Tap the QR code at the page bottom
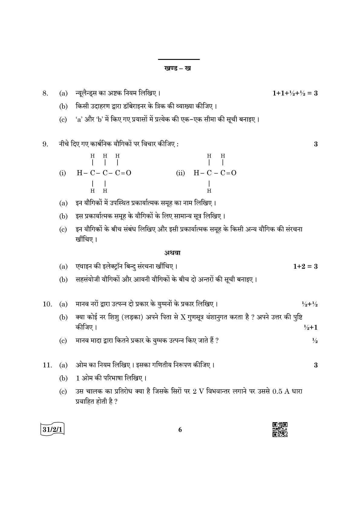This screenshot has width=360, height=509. click(x=280, y=429)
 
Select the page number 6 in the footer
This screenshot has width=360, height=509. click(x=180, y=430)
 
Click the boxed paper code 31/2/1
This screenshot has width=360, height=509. click(x=53, y=429)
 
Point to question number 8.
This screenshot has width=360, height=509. click(x=45, y=93)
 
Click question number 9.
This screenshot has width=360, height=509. click(x=45, y=144)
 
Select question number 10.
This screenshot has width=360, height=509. click(x=47, y=304)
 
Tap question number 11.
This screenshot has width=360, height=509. click(x=47, y=365)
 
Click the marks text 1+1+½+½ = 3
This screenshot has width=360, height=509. click(x=295, y=93)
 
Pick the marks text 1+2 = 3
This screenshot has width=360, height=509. click(x=305, y=266)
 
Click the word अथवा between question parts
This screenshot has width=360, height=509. click(x=172, y=253)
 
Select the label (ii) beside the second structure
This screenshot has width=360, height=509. click(x=180, y=173)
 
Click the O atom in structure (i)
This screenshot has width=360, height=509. click(x=129, y=173)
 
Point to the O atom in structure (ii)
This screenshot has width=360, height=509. click(x=234, y=173)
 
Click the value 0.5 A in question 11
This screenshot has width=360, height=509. click(x=281, y=391)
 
